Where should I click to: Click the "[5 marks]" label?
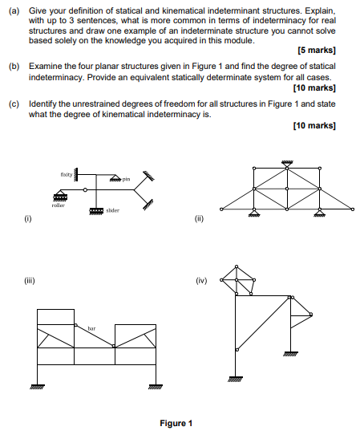[316, 50]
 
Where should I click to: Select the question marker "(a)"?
[14, 7]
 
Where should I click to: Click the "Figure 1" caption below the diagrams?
[176, 423]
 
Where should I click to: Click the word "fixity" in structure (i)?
[66, 173]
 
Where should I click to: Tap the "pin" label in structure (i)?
[126, 178]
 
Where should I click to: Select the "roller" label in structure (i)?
[58, 205]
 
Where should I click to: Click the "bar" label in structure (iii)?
[91, 327]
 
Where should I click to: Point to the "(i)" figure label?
[30, 217]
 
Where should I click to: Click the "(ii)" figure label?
[198, 217]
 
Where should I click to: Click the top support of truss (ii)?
[286, 163]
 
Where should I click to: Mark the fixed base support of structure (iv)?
[236, 379]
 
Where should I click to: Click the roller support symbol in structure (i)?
[59, 196]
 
